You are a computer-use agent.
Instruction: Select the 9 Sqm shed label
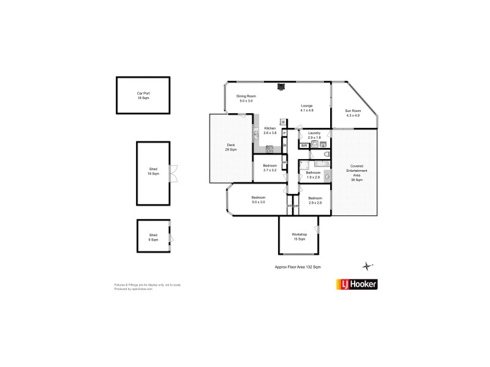point(153,237)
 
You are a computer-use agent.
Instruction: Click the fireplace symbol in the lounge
point(281,87)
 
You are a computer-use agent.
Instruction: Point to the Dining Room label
point(246,97)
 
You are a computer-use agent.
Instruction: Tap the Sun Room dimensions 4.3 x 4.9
point(353,115)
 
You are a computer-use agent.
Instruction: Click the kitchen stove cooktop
point(269,149)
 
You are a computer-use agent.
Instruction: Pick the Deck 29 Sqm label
point(231,147)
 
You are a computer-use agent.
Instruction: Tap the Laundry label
point(315,133)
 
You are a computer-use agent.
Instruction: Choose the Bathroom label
point(314,173)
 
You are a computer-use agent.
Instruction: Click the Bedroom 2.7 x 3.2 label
point(270,168)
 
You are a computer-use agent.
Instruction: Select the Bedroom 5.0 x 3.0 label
point(258,199)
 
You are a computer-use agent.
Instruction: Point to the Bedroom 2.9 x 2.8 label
point(315,199)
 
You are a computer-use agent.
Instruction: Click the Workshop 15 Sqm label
point(299,237)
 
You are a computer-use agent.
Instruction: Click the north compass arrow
point(367,265)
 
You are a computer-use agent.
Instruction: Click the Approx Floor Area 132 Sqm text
point(298,267)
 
